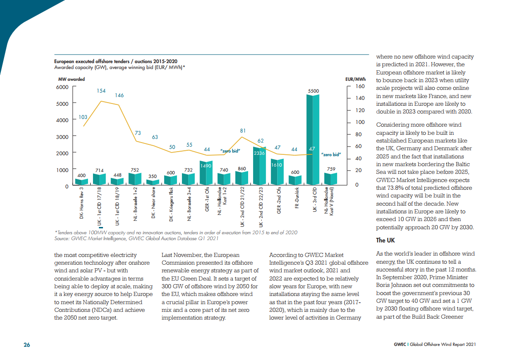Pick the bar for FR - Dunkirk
tap(295, 180)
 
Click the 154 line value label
tap(101, 91)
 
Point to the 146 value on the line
tap(119, 95)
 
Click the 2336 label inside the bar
tap(259, 153)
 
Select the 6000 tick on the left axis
tap(62, 87)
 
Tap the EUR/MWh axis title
tap(355, 79)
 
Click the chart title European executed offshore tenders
tap(116, 61)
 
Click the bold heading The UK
tap(386, 240)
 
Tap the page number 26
tap(27, 345)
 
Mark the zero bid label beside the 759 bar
tap(330, 155)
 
